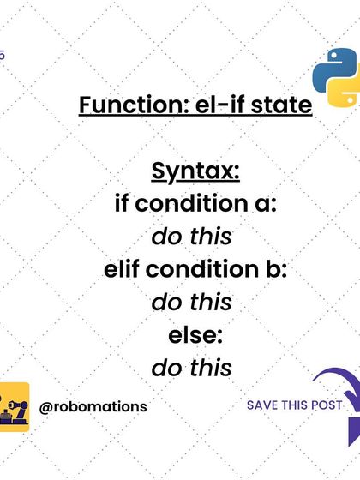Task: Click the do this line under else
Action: pos(192,368)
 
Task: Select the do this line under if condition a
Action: pos(192,237)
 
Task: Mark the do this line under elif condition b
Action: pos(192,302)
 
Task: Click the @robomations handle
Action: pos(93,406)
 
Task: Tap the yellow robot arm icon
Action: pos(15,406)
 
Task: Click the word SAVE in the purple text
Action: pos(262,405)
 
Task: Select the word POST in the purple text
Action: pos(327,405)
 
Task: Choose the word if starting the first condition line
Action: pos(123,205)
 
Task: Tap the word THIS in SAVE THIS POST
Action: pos(296,405)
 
